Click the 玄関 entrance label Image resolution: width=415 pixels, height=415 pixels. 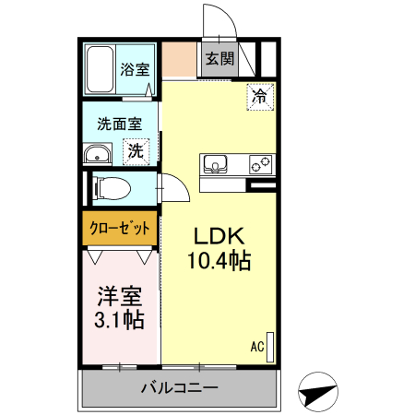click(x=220, y=59)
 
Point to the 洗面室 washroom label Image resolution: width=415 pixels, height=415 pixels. click(x=120, y=125)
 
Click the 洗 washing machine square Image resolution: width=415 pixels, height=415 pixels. click(x=136, y=149)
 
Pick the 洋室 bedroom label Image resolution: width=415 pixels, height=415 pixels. click(x=120, y=297)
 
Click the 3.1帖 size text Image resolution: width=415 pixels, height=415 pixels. click(x=120, y=320)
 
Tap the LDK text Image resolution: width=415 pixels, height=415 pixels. click(x=218, y=234)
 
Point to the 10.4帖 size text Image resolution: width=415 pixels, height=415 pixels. click(x=218, y=261)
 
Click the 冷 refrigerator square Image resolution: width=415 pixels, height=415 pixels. click(x=260, y=95)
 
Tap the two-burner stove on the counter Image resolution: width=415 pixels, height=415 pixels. click(x=260, y=165)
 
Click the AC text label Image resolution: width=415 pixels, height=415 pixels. click(x=257, y=347)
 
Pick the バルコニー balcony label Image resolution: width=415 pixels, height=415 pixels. click(x=179, y=386)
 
